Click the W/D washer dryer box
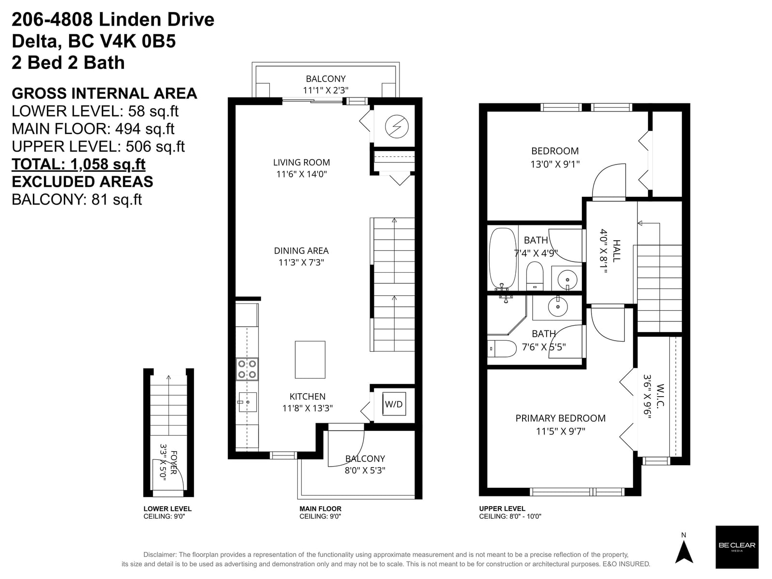click(394, 404)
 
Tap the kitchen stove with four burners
click(247, 369)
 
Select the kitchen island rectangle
click(310, 359)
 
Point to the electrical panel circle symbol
click(397, 126)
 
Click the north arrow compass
click(684, 550)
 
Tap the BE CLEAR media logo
click(737, 547)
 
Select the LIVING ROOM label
click(302, 163)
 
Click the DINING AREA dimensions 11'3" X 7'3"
click(301, 262)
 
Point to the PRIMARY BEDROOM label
click(560, 418)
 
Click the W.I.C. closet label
click(660, 396)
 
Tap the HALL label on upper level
click(616, 250)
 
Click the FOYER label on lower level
click(173, 462)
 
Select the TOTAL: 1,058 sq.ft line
click(79, 164)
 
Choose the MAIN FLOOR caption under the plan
click(320, 509)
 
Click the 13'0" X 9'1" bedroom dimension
click(555, 164)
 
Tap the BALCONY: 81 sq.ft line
click(77, 200)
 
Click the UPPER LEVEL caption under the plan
click(502, 509)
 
